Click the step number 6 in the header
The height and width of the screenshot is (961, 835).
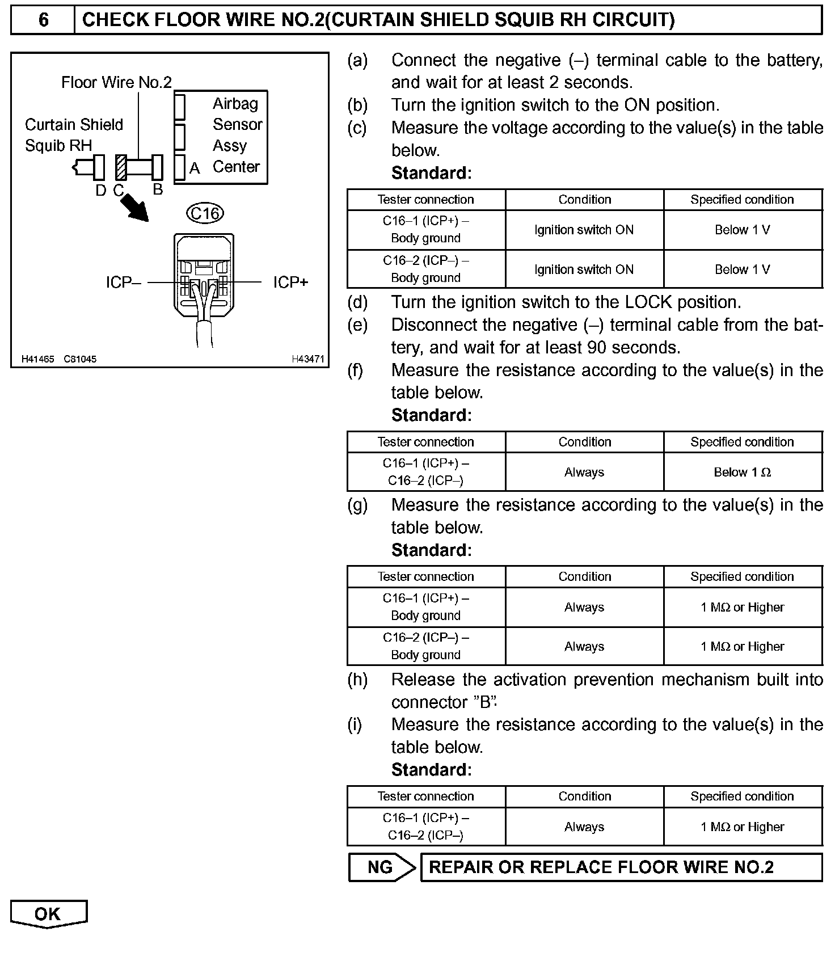tap(43, 20)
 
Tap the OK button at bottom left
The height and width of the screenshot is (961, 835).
tap(48, 914)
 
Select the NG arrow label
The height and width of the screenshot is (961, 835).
tap(381, 867)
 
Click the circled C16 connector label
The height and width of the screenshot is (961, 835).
tap(205, 213)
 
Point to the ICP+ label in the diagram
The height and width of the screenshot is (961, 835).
tap(290, 283)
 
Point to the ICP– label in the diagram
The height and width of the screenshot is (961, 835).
tap(123, 283)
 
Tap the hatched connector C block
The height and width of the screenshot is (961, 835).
tap(121, 167)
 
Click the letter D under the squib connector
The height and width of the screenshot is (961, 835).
tap(100, 191)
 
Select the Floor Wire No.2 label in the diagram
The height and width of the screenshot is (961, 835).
tap(116, 83)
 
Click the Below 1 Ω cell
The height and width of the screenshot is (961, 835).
tap(742, 473)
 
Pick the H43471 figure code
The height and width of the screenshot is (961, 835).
tap(308, 359)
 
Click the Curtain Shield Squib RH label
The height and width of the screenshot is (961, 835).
tap(74, 135)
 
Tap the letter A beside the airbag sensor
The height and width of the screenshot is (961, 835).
tap(195, 168)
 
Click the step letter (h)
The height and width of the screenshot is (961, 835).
tap(357, 680)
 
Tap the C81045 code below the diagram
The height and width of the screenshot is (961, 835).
tap(80, 359)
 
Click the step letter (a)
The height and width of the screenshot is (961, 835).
tap(357, 60)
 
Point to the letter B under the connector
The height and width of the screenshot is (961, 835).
tap(158, 189)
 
